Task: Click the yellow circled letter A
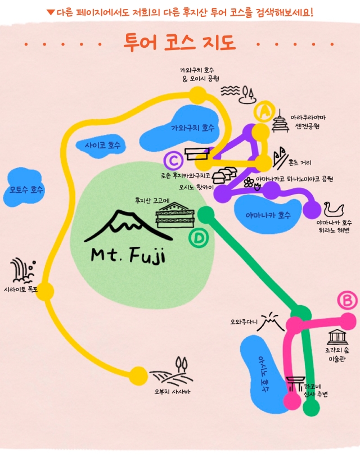point(264,111)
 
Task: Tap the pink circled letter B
point(348,301)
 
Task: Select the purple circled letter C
point(173,160)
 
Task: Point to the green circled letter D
point(199,238)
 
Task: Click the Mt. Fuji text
point(128,255)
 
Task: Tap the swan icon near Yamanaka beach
point(334,209)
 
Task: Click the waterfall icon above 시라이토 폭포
point(22,270)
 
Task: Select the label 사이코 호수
point(102,145)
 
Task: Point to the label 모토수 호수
point(26,190)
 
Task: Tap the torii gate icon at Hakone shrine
point(295,384)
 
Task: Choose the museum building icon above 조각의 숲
point(337,337)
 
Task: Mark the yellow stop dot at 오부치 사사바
point(138,376)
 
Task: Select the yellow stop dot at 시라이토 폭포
point(45,291)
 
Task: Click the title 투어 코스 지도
point(179,43)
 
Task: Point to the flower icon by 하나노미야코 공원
point(249,183)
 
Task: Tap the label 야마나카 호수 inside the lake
point(268,215)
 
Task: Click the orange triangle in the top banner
point(51,12)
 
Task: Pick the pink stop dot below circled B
point(348,321)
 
